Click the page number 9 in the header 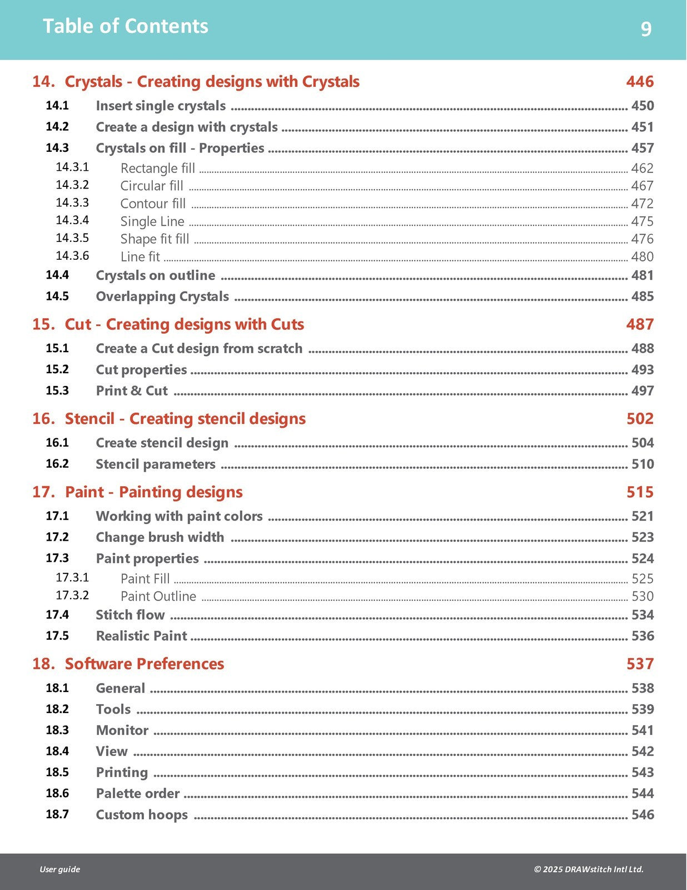click(646, 28)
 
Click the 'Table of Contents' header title click(126, 26)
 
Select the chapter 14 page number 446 click(640, 82)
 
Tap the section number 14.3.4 click(72, 220)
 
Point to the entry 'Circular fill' click(152, 186)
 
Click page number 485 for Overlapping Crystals click(643, 296)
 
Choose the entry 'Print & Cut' click(132, 391)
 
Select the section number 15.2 click(57, 369)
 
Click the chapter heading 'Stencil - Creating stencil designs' click(185, 419)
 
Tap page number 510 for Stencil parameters click(643, 464)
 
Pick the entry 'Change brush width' click(160, 537)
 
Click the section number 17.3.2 click(72, 595)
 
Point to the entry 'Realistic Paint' click(142, 636)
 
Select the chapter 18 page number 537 click(640, 664)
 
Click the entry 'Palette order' click(138, 794)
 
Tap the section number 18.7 click(57, 814)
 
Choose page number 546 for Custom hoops click(643, 815)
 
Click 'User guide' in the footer click(59, 869)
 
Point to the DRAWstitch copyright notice click(589, 869)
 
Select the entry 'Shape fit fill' click(155, 239)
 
